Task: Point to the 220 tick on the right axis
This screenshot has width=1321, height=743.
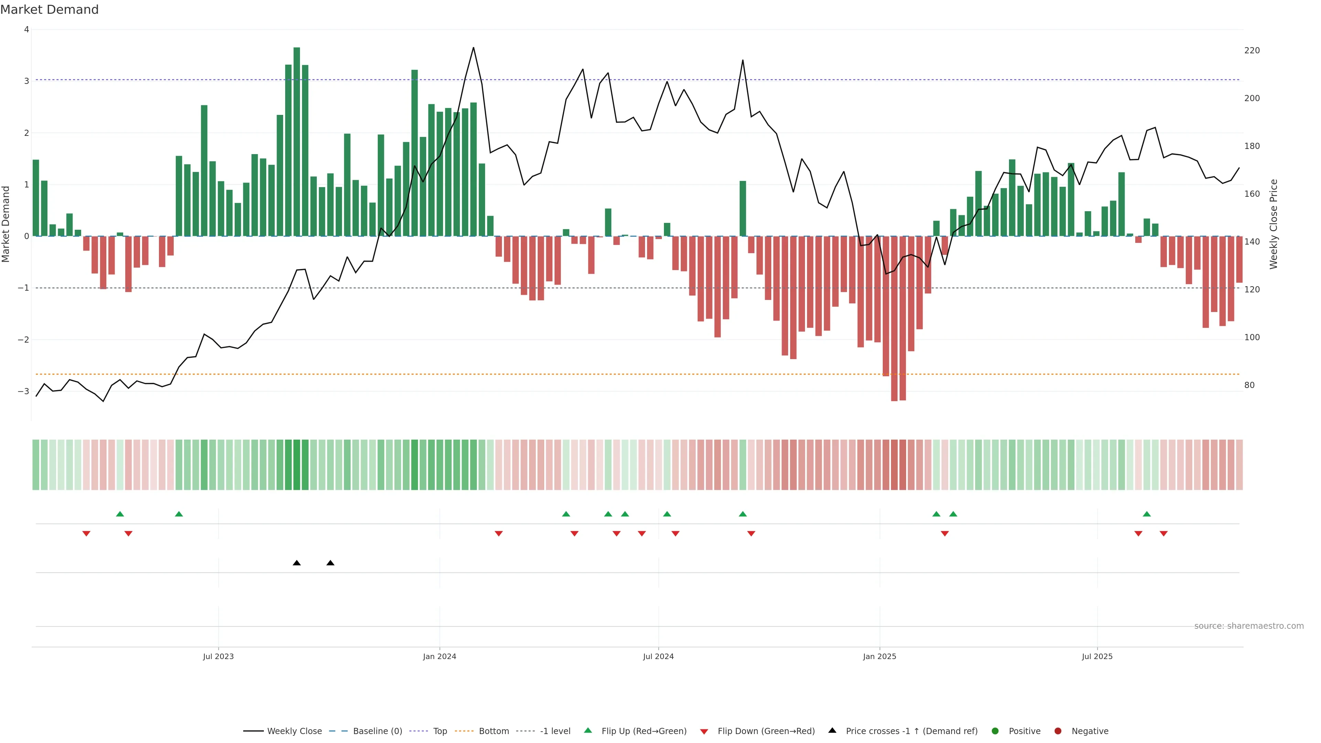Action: coord(1252,50)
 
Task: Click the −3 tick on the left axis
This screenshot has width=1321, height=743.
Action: coord(24,391)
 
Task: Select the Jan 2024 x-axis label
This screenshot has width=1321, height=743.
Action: coord(440,656)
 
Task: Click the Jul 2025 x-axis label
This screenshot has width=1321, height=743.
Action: coord(1097,656)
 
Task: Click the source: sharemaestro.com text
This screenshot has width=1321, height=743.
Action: coord(1249,626)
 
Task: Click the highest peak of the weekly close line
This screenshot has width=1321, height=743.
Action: coord(473,48)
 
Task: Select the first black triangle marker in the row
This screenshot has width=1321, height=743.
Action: coord(297,563)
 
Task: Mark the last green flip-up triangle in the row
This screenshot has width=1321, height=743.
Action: coord(1147,514)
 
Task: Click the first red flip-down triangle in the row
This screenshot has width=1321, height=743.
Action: coord(86,534)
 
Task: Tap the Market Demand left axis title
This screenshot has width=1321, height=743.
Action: coord(6,224)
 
